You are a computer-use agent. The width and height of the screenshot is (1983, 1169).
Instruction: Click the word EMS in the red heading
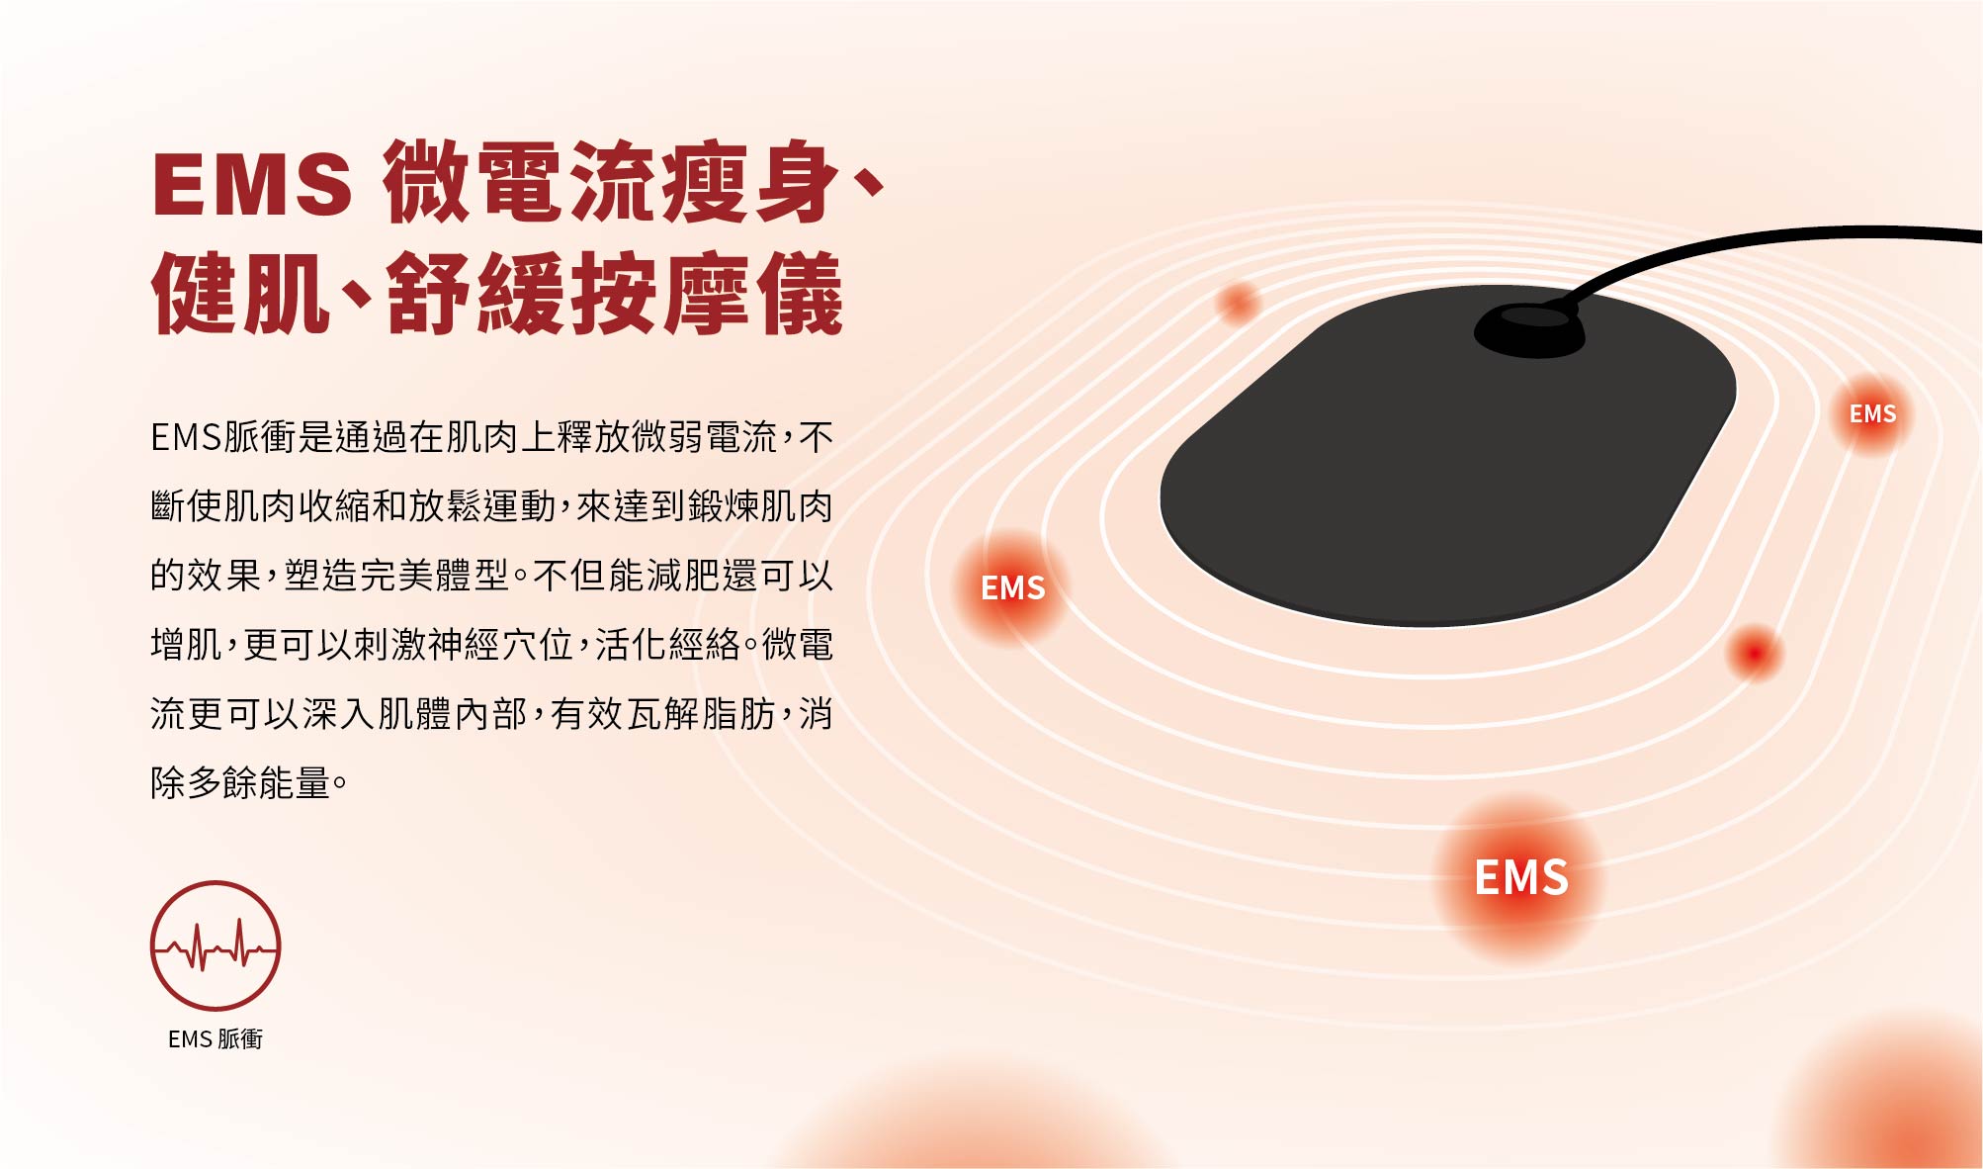tap(252, 184)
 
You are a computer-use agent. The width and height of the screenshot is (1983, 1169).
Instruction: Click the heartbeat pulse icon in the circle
tap(216, 945)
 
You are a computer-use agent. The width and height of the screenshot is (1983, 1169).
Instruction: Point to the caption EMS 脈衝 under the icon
tap(216, 1038)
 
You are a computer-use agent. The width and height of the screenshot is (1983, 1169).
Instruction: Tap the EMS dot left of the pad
tap(1012, 587)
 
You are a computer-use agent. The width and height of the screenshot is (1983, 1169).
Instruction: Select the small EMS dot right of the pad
tap(1872, 413)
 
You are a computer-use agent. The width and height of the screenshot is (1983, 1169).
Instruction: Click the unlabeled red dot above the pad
tap(1237, 302)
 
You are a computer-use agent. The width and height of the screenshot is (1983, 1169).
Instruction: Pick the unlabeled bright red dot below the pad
tap(1755, 653)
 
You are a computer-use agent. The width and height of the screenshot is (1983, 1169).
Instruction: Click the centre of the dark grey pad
tap(1448, 456)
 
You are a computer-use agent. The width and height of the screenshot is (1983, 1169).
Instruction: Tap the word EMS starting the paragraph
tap(186, 437)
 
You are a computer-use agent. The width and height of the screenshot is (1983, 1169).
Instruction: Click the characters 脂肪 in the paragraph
tap(738, 713)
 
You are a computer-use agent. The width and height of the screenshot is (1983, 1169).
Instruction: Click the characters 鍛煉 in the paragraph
tap(724, 505)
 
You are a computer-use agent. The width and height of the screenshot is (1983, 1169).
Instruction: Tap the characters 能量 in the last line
tap(294, 782)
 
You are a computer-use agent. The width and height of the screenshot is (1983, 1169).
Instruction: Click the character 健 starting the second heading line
tap(195, 294)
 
